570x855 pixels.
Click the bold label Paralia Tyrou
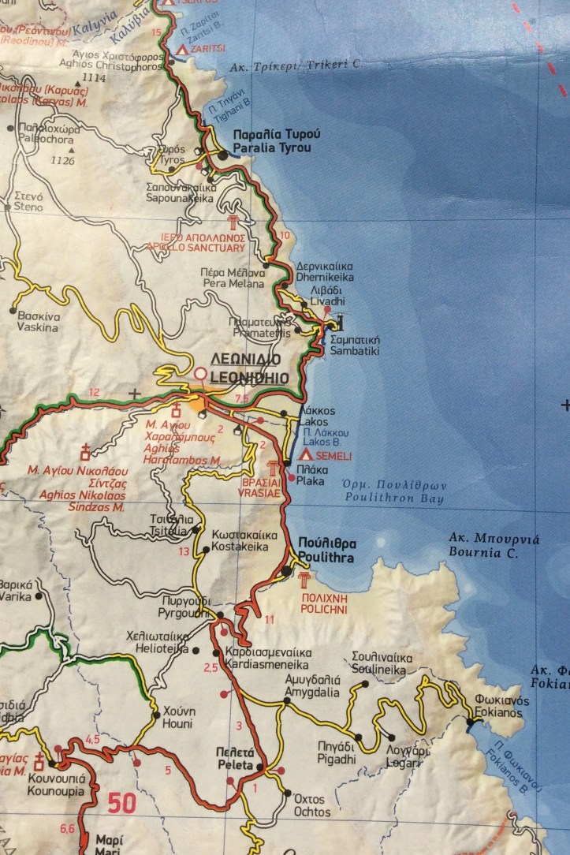click(x=271, y=148)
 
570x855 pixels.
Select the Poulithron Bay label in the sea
click(x=394, y=498)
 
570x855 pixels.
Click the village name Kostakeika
click(x=240, y=547)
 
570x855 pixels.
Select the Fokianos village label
click(x=498, y=713)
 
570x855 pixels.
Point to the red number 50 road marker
click(x=122, y=803)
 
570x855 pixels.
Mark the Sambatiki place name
click(x=355, y=350)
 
